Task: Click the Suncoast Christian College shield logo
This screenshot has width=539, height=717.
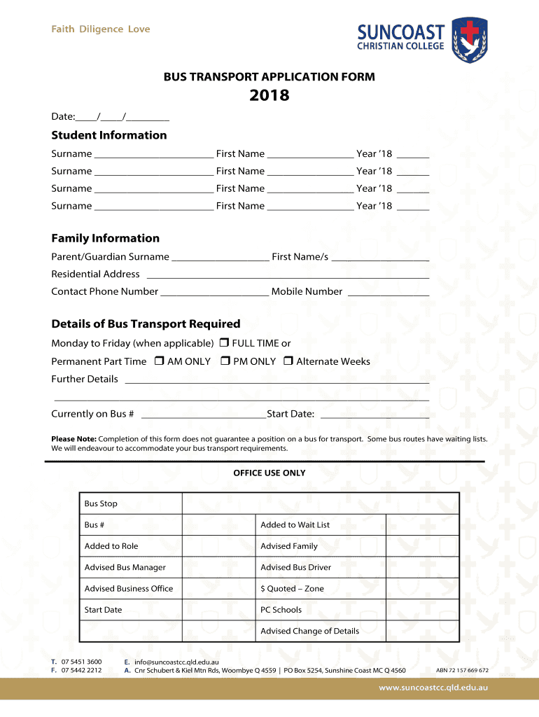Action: [469, 39]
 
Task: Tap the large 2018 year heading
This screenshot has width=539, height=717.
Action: [269, 95]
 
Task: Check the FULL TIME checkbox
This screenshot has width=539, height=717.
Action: [224, 343]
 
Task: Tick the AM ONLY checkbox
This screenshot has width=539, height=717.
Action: [159, 361]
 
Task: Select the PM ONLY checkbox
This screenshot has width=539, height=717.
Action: [225, 361]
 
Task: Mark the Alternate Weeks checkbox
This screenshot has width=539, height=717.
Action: [288, 361]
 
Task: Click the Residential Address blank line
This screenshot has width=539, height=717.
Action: [287, 274]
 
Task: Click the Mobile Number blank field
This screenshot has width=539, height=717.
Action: [388, 292]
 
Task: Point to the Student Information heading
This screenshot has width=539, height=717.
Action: [109, 135]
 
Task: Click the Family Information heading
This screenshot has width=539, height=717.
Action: [105, 238]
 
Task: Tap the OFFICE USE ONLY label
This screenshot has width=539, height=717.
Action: [269, 473]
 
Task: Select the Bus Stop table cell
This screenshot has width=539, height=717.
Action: [131, 503]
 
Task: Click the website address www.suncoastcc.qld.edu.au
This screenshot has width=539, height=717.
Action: [433, 688]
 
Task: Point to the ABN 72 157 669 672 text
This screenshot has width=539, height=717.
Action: [462, 670]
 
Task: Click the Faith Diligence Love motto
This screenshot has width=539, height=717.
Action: [101, 29]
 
